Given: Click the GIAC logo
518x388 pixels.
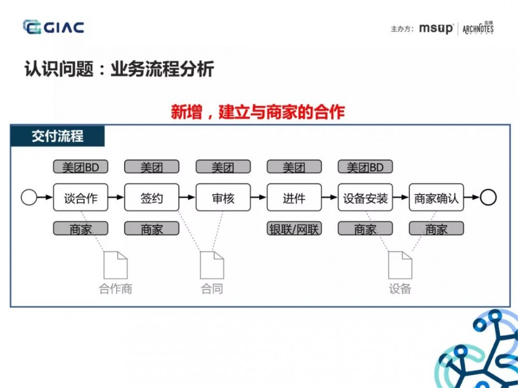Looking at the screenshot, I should [x=53, y=27].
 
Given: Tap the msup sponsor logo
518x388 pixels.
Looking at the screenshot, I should [x=436, y=28].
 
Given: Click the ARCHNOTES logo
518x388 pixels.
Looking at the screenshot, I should [x=478, y=28].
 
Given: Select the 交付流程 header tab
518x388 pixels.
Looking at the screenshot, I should [x=57, y=137].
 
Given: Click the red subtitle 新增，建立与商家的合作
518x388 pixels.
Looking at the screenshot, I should [x=257, y=112].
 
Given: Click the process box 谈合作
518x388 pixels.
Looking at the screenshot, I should [x=80, y=198].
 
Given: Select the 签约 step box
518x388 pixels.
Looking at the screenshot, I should [x=152, y=198].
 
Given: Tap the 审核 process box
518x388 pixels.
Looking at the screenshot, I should [x=223, y=198].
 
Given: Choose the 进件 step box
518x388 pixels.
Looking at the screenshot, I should [x=294, y=198].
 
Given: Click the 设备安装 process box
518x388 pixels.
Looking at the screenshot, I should [x=365, y=198].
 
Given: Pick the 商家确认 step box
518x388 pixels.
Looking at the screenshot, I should [x=436, y=198].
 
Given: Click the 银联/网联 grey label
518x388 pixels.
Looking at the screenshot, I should [x=294, y=229].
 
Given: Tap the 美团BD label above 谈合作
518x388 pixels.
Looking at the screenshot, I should [x=80, y=167].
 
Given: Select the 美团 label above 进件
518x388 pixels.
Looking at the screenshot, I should [x=294, y=167].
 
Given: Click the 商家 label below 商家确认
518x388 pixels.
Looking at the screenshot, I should [x=436, y=229].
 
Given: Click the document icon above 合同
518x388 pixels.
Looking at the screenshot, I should [x=212, y=265].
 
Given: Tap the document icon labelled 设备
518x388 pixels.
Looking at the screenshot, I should [x=400, y=265].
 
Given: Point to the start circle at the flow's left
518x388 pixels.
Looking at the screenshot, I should [x=29, y=197].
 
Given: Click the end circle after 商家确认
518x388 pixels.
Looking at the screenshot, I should [x=488, y=197].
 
